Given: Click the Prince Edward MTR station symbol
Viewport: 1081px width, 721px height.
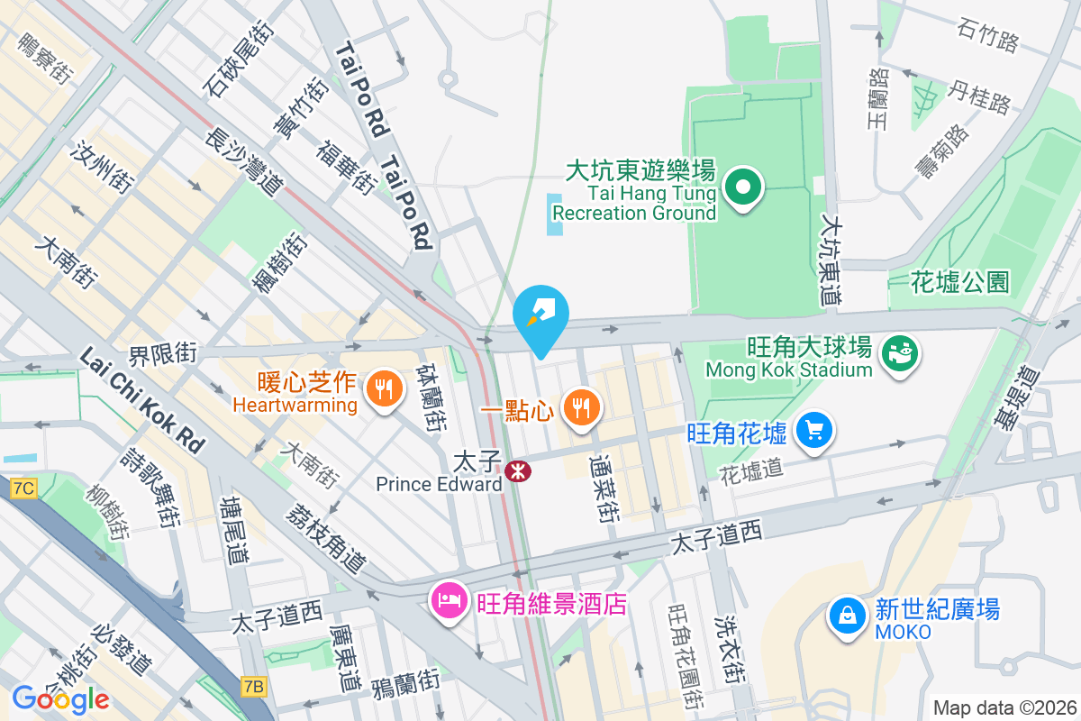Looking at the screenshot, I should point(517,470).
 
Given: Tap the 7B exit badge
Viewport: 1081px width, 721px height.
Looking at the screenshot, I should point(254,687).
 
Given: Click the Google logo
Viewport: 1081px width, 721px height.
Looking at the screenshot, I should point(60,698).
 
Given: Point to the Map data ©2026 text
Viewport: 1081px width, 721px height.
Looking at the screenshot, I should point(1004,707).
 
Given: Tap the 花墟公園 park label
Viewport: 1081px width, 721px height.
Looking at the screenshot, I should point(960,282).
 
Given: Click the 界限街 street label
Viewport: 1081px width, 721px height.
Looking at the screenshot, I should point(162,353).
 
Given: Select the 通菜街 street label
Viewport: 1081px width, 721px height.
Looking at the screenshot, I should point(603,488).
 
